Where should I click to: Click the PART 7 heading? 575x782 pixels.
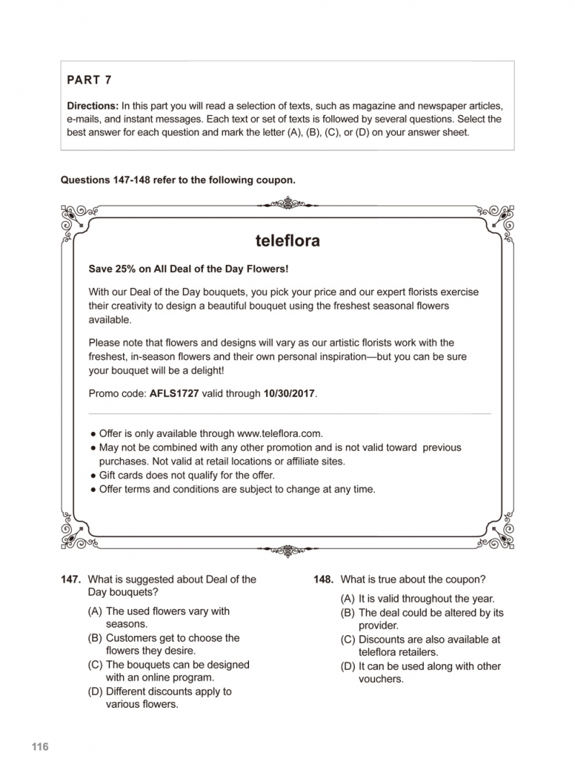[x=89, y=80]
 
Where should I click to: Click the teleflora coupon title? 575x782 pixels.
[x=287, y=241]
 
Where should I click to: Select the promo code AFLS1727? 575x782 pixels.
[x=175, y=394]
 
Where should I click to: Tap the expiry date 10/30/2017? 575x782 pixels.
[x=289, y=394]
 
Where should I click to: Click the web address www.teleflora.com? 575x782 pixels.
[x=279, y=433]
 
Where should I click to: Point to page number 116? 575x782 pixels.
[x=40, y=747]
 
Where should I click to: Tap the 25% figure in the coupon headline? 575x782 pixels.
[x=125, y=269]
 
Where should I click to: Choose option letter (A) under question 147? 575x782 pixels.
[x=94, y=611]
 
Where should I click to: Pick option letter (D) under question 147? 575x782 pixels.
[x=94, y=691]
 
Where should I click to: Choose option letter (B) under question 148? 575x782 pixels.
[x=348, y=613]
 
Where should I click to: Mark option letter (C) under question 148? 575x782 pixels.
[x=348, y=639]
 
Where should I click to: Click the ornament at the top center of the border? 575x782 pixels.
[x=287, y=203]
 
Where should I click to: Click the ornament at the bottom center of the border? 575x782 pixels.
[x=287, y=551]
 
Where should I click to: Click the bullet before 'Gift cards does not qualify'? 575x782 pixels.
[x=93, y=476]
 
